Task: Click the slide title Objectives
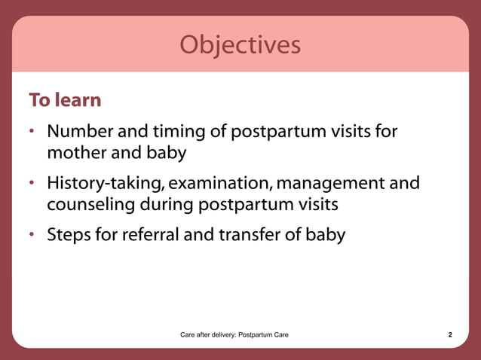240,45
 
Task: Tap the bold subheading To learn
65,100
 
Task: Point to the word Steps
69,235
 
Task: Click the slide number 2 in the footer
450,334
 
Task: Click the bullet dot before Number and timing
33,133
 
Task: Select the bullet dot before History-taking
33,185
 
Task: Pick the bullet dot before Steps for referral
33,236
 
